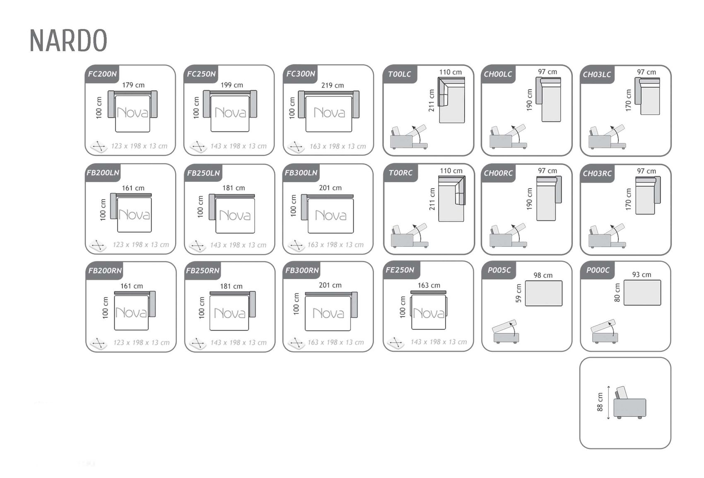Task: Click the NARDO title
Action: click(x=68, y=40)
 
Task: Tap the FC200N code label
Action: click(x=102, y=74)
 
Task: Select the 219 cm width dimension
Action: click(x=333, y=85)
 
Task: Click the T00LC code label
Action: click(x=400, y=74)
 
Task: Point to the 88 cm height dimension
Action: click(x=600, y=402)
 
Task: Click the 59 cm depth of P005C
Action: click(x=518, y=293)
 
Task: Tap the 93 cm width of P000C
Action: click(x=642, y=274)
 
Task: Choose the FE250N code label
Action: click(x=400, y=270)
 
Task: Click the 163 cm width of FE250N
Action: click(x=429, y=285)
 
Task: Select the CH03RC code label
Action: click(x=597, y=173)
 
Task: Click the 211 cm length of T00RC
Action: click(x=432, y=199)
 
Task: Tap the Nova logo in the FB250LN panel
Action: click(x=235, y=215)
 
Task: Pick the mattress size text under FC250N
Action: click(x=239, y=146)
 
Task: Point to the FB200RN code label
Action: click(x=105, y=270)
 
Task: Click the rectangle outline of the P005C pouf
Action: click(x=544, y=294)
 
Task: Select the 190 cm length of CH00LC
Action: click(x=529, y=100)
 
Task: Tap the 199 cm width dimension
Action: click(x=232, y=85)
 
